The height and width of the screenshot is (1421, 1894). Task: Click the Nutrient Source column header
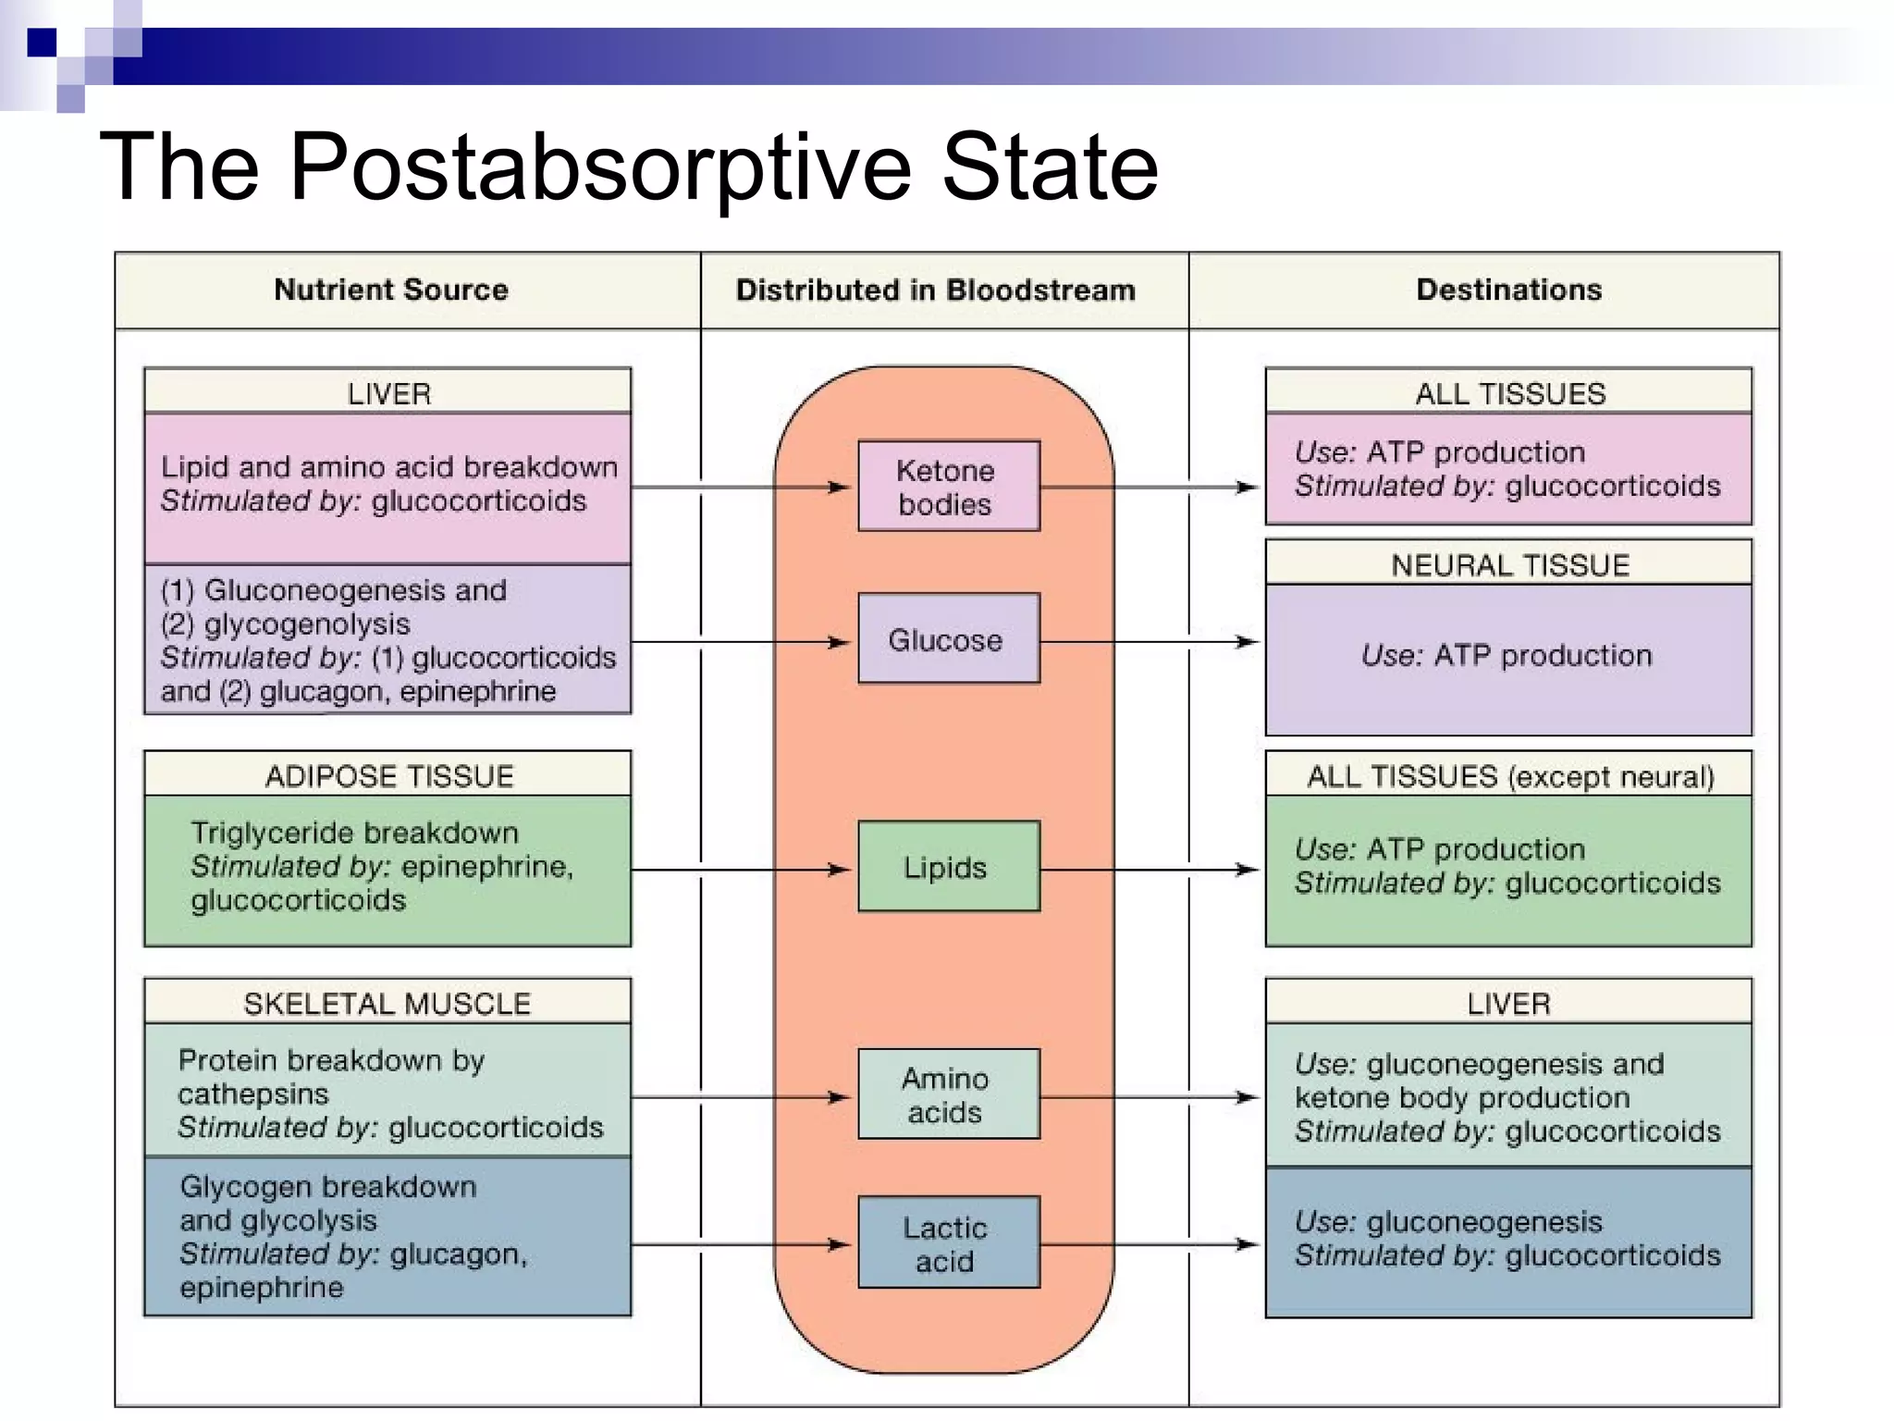point(391,290)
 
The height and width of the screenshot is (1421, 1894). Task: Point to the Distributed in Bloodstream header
point(935,290)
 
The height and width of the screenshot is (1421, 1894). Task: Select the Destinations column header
point(1508,290)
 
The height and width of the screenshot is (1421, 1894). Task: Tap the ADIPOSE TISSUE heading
point(388,775)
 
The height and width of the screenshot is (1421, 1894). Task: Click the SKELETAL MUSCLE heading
point(387,1003)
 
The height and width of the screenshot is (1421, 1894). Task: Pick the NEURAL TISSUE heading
point(1509,564)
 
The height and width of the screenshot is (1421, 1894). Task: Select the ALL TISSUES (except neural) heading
point(1509,775)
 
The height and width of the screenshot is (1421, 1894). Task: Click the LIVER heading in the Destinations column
point(1508,1003)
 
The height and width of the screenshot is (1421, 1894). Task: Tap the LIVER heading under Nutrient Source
point(388,393)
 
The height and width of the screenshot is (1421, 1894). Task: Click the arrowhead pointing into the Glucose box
point(840,641)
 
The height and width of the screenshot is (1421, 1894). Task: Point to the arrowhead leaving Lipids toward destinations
point(1248,870)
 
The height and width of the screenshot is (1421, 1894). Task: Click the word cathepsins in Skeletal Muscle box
point(252,1094)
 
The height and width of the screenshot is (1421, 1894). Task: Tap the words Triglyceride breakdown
point(354,833)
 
